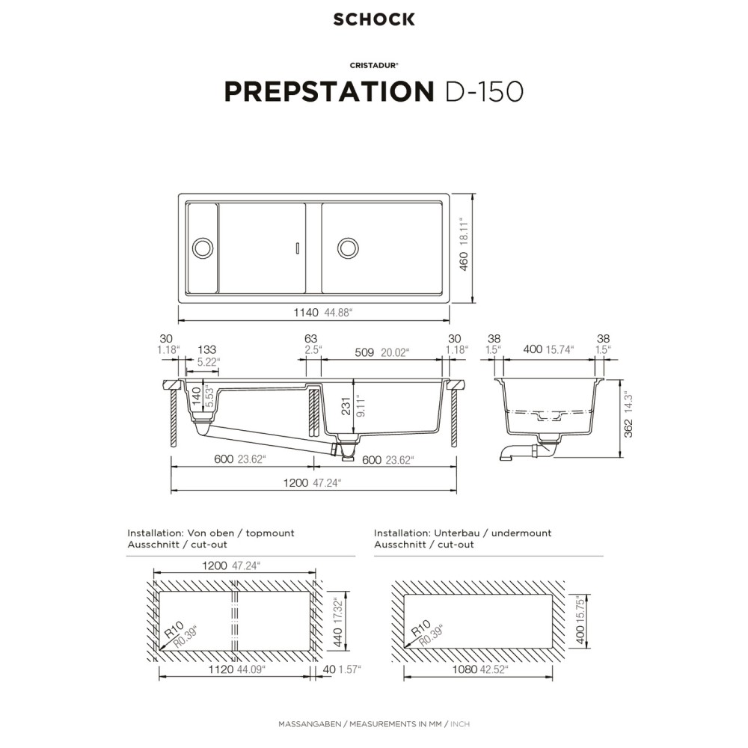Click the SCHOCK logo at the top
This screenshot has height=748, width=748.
point(374,19)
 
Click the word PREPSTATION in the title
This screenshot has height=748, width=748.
point(329,91)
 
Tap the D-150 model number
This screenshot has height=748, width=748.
point(484,91)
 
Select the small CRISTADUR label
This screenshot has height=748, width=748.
point(374,65)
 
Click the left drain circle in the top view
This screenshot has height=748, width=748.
point(203,248)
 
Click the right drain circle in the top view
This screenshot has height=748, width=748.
point(348,248)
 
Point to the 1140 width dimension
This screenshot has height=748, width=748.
point(306,313)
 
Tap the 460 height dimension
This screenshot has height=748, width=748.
point(464,261)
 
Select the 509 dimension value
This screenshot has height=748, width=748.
point(364,352)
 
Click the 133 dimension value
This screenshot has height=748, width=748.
point(207,349)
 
